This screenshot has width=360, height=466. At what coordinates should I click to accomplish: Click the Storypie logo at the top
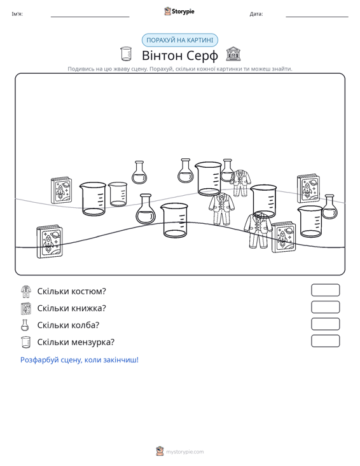[x=179, y=11]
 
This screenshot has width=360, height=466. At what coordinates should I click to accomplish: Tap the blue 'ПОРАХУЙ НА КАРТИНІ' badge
[x=180, y=40]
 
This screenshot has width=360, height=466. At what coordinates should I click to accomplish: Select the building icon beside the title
[x=233, y=54]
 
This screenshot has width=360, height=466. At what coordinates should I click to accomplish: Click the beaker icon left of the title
[x=126, y=54]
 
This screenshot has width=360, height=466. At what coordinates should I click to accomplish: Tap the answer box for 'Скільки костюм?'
[x=325, y=290]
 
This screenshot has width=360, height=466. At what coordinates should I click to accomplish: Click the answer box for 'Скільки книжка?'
[x=325, y=307]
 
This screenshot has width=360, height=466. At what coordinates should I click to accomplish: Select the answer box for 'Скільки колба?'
[x=325, y=324]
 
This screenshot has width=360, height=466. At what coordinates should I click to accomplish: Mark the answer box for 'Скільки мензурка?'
[x=325, y=341]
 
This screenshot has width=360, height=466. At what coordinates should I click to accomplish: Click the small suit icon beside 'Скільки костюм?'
[x=26, y=291]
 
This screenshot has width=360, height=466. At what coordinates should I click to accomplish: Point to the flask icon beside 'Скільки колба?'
[x=25, y=325]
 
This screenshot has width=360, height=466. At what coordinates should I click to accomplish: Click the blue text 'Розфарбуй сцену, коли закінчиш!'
[x=80, y=360]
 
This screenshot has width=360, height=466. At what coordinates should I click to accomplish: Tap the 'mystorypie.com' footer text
[x=184, y=452]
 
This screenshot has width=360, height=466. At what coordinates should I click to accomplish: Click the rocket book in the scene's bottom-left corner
[x=50, y=242]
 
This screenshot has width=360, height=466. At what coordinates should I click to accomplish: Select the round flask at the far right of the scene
[x=329, y=207]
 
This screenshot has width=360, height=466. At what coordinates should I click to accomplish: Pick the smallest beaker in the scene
[x=118, y=194]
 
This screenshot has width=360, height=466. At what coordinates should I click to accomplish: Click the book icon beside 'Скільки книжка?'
[x=26, y=308]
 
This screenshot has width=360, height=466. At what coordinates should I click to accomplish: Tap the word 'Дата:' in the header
[x=256, y=14]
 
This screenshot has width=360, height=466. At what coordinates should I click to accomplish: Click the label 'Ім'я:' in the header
[x=17, y=14]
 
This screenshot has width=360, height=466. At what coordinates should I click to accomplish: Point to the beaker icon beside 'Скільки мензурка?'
[x=26, y=342]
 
